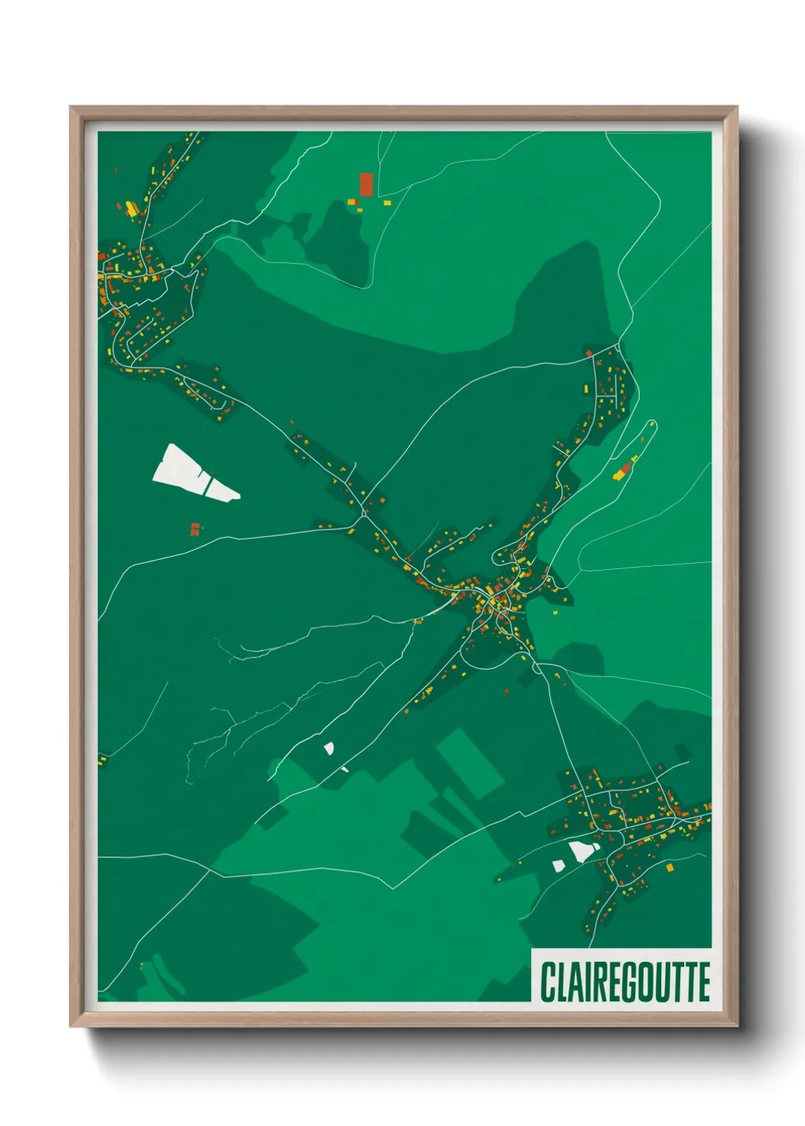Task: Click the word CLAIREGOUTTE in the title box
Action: (625, 981)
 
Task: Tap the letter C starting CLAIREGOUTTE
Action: (547, 981)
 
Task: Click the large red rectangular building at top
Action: (366, 184)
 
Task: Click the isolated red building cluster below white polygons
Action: (195, 529)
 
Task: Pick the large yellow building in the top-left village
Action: (132, 208)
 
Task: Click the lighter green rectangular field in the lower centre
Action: (470, 762)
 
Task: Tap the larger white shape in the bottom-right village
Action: (582, 851)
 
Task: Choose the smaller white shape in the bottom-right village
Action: (558, 866)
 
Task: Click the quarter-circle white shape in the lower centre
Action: (329, 749)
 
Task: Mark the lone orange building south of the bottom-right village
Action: (670, 867)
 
